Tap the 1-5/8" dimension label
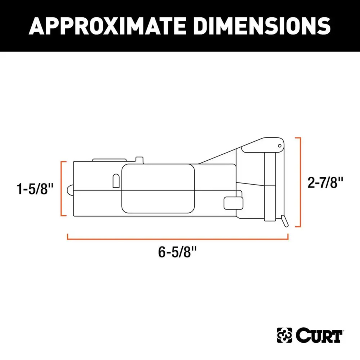point(35,189)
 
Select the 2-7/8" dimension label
point(325,183)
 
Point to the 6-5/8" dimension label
point(177,252)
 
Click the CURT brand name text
point(319,336)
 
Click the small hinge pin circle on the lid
point(279,146)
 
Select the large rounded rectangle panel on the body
point(158,188)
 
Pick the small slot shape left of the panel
point(116,181)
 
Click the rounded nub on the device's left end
point(70,190)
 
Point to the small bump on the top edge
point(140,160)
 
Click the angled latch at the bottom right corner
point(284,221)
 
